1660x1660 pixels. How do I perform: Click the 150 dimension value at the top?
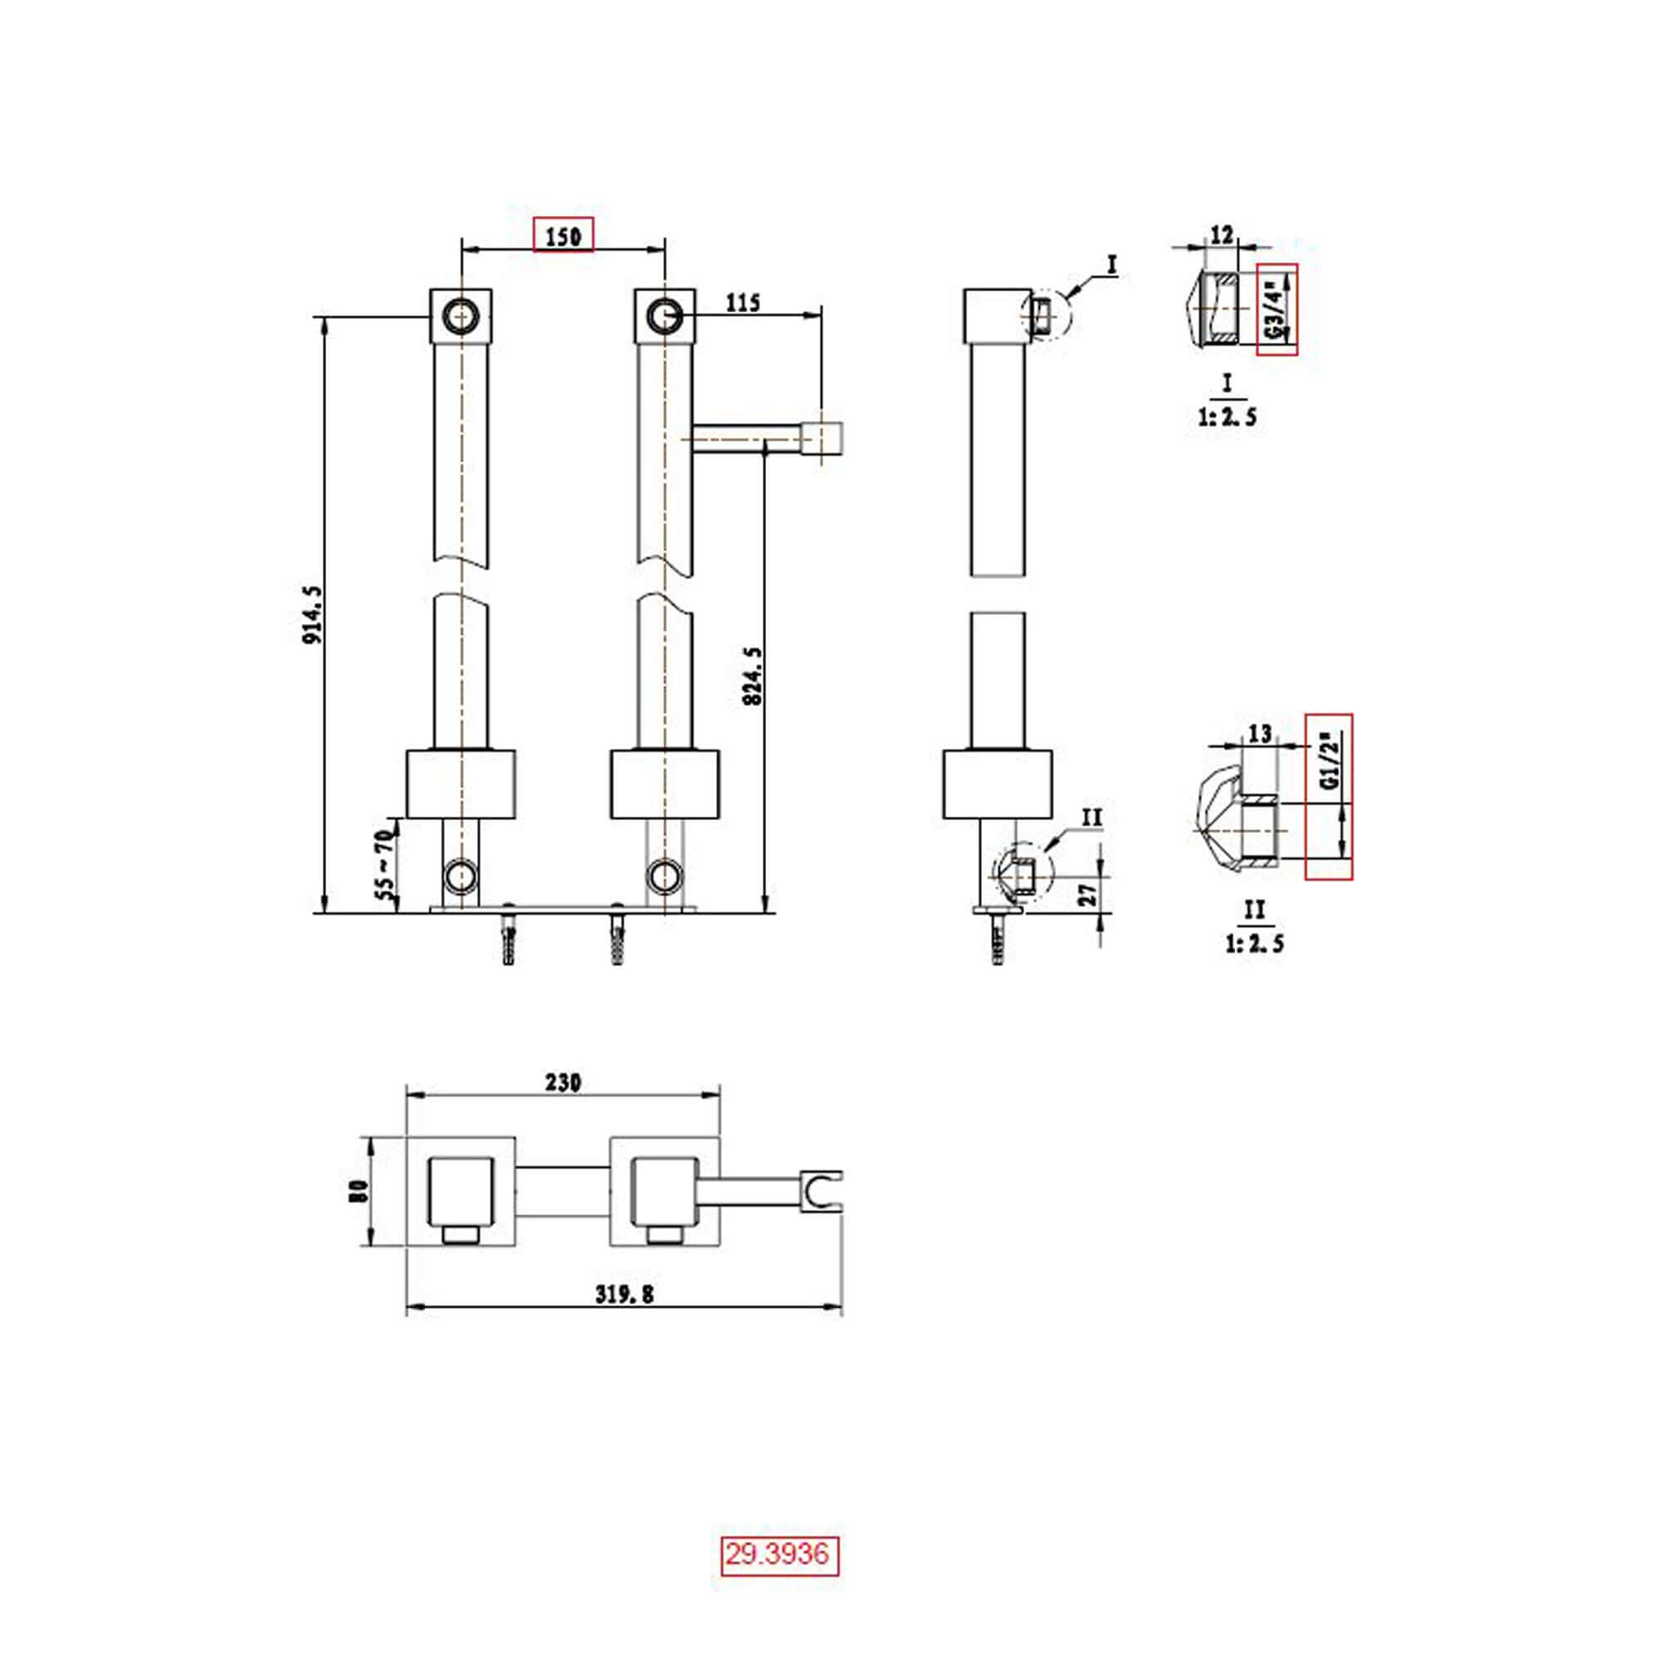tap(563, 236)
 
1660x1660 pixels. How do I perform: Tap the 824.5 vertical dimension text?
tap(752, 676)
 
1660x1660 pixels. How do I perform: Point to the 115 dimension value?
tap(743, 302)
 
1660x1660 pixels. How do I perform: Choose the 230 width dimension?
tap(563, 1082)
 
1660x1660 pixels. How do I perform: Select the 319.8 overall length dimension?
tap(624, 1294)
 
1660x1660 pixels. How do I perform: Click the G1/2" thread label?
tap(1329, 761)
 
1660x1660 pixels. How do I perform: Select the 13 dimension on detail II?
tap(1259, 734)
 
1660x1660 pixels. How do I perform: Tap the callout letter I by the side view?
tap(1112, 265)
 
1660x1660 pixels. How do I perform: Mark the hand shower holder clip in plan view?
tap(823, 1192)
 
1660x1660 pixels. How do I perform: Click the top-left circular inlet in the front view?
tap(461, 316)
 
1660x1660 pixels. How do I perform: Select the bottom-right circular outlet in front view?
tap(664, 876)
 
